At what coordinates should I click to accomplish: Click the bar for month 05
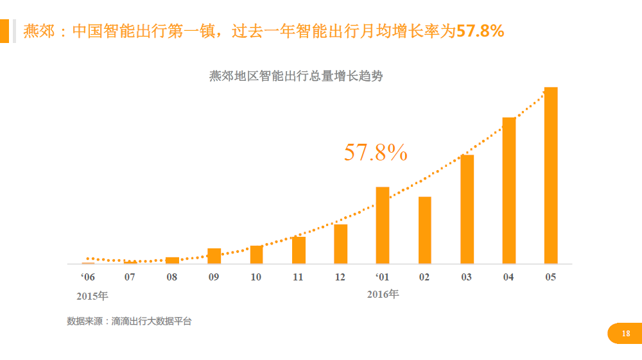click(x=551, y=175)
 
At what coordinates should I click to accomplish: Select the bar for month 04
click(x=509, y=191)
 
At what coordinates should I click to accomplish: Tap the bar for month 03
click(x=467, y=209)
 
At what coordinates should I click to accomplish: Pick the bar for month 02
click(x=424, y=230)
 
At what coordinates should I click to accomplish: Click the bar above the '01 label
click(x=383, y=225)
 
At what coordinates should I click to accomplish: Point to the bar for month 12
click(x=340, y=244)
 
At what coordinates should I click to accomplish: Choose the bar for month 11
click(x=299, y=250)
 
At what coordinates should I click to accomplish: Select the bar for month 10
click(x=256, y=255)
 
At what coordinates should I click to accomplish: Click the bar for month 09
click(x=214, y=256)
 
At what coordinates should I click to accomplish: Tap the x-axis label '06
click(x=88, y=277)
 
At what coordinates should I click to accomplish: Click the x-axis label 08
click(x=172, y=277)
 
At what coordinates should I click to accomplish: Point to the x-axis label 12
click(x=340, y=277)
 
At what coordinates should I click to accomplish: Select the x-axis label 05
click(x=550, y=277)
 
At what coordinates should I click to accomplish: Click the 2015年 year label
click(x=92, y=296)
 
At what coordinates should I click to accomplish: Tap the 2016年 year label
click(x=383, y=295)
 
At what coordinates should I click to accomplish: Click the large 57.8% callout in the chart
click(x=376, y=152)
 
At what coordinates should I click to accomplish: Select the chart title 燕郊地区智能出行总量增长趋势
click(x=296, y=76)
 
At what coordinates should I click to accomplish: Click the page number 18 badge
click(x=625, y=334)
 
